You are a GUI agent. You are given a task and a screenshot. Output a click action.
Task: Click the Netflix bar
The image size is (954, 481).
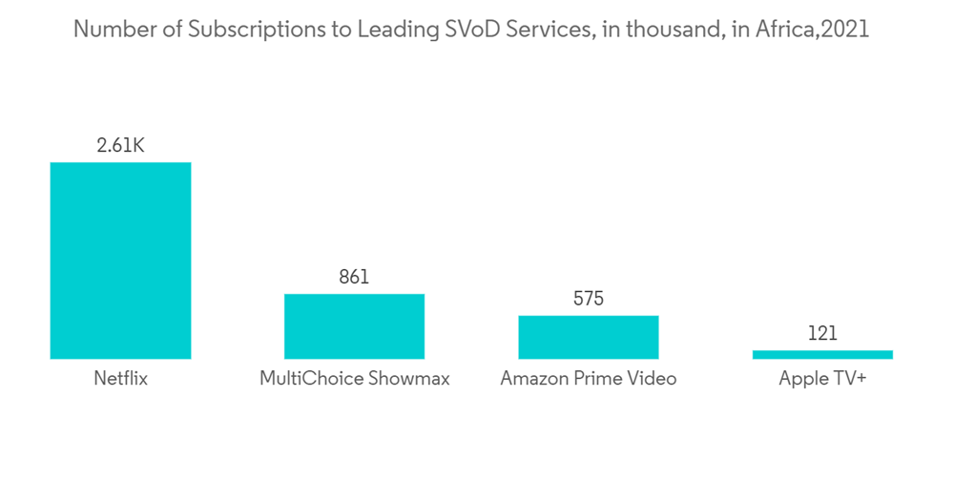click(x=120, y=261)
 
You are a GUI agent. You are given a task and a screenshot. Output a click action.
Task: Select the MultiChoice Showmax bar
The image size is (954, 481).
click(x=354, y=326)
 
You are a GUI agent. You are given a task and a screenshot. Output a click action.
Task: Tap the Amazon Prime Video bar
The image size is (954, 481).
click(x=589, y=337)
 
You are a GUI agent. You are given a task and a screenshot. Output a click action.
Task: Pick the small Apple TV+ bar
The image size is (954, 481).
click(x=822, y=354)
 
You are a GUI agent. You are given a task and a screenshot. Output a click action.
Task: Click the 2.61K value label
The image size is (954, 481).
click(x=120, y=146)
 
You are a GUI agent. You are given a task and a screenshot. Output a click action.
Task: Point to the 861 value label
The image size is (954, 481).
click(x=354, y=278)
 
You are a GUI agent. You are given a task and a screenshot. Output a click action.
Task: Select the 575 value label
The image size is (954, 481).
click(x=589, y=300)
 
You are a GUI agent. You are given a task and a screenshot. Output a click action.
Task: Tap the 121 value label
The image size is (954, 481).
click(x=822, y=334)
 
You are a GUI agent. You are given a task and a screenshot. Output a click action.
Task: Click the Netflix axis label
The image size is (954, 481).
click(x=120, y=379)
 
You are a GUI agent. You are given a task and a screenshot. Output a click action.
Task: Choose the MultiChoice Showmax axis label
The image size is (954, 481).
click(x=354, y=379)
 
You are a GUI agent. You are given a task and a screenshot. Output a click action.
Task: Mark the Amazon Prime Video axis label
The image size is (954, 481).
click(x=589, y=379)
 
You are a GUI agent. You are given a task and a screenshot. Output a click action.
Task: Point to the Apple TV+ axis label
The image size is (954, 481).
click(x=822, y=379)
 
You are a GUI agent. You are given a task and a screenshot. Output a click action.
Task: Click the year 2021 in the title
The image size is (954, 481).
click(x=844, y=30)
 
